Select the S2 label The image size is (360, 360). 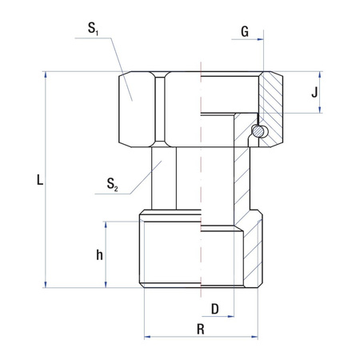pyautogui.click(x=113, y=188)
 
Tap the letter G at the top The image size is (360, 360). pyautogui.click(x=244, y=32)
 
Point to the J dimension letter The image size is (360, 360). pyautogui.click(x=316, y=92)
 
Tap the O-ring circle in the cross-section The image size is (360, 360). pyautogui.click(x=258, y=130)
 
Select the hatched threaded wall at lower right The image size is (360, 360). pyautogui.click(x=254, y=252)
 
